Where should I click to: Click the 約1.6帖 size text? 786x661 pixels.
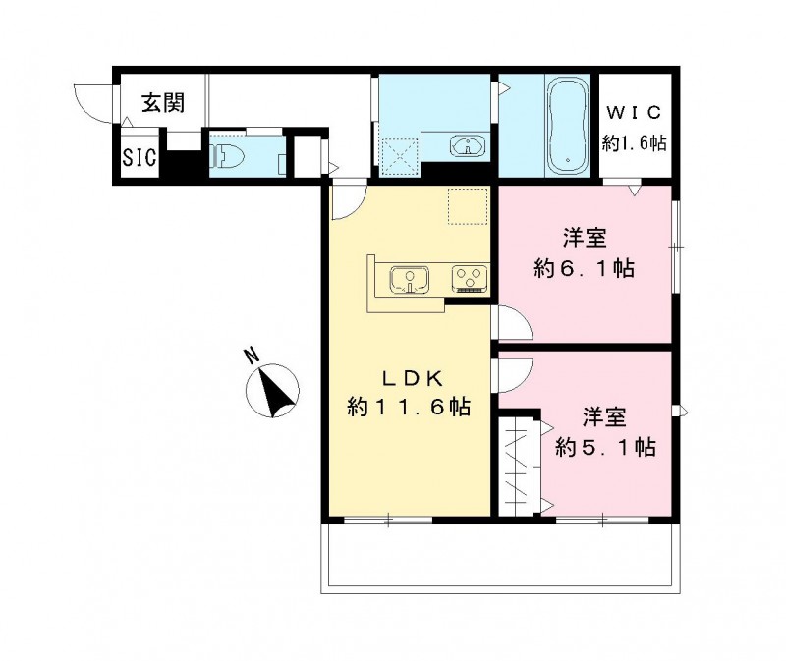click(x=635, y=143)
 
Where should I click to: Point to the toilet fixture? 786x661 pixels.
click(x=228, y=155)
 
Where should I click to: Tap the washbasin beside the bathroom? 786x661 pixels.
click(x=466, y=146)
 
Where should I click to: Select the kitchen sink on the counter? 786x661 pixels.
click(x=407, y=279)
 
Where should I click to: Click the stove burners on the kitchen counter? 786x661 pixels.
click(x=468, y=279)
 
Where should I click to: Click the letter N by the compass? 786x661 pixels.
click(x=252, y=357)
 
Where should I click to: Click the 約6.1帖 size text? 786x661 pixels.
click(x=584, y=267)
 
